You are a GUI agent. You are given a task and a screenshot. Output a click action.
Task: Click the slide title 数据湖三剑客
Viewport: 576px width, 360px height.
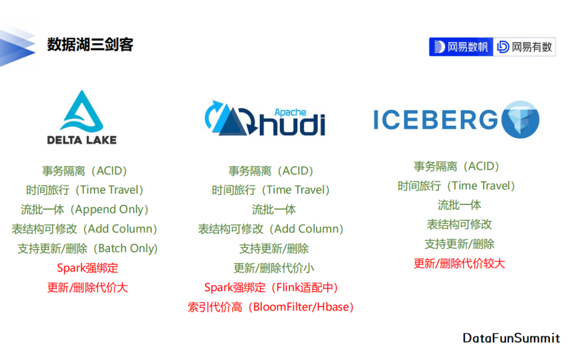click(x=90, y=44)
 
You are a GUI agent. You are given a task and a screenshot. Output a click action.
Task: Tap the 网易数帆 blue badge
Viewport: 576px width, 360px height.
click(x=461, y=46)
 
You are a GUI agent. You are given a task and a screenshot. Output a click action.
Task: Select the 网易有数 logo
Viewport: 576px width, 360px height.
click(x=525, y=46)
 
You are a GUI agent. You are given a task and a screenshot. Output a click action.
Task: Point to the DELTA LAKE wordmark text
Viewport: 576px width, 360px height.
click(x=82, y=140)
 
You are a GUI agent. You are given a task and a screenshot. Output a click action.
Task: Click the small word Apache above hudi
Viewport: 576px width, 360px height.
click(x=290, y=113)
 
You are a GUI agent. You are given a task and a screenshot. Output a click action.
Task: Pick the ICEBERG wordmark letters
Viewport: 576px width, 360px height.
click(x=436, y=120)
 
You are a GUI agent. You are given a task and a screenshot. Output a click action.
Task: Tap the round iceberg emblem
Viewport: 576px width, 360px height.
click(x=521, y=119)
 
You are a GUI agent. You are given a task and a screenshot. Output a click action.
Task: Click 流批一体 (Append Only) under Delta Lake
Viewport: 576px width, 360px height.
click(x=85, y=210)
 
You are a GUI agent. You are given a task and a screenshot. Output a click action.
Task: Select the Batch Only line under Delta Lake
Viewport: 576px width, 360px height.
click(x=88, y=249)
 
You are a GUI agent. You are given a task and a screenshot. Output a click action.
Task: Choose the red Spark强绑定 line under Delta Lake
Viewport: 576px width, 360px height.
click(x=87, y=268)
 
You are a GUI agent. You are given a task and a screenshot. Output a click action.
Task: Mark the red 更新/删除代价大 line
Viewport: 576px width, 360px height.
click(x=87, y=287)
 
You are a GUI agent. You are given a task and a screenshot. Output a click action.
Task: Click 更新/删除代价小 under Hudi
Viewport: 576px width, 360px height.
click(x=274, y=268)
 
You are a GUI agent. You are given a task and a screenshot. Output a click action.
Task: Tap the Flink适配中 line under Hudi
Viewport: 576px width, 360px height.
click(x=271, y=287)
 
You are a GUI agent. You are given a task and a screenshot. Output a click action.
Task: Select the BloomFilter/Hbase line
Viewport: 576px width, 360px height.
click(x=271, y=307)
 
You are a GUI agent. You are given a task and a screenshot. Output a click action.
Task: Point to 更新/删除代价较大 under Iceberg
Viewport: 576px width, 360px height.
click(x=459, y=263)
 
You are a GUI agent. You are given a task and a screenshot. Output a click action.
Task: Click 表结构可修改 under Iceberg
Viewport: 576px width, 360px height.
click(x=459, y=224)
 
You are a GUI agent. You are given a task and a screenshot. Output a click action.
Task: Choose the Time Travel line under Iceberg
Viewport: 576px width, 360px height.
click(x=456, y=186)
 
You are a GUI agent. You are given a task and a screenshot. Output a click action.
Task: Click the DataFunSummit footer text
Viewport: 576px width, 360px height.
click(x=511, y=338)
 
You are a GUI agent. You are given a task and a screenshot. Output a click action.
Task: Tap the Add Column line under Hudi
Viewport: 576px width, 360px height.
click(x=271, y=229)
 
